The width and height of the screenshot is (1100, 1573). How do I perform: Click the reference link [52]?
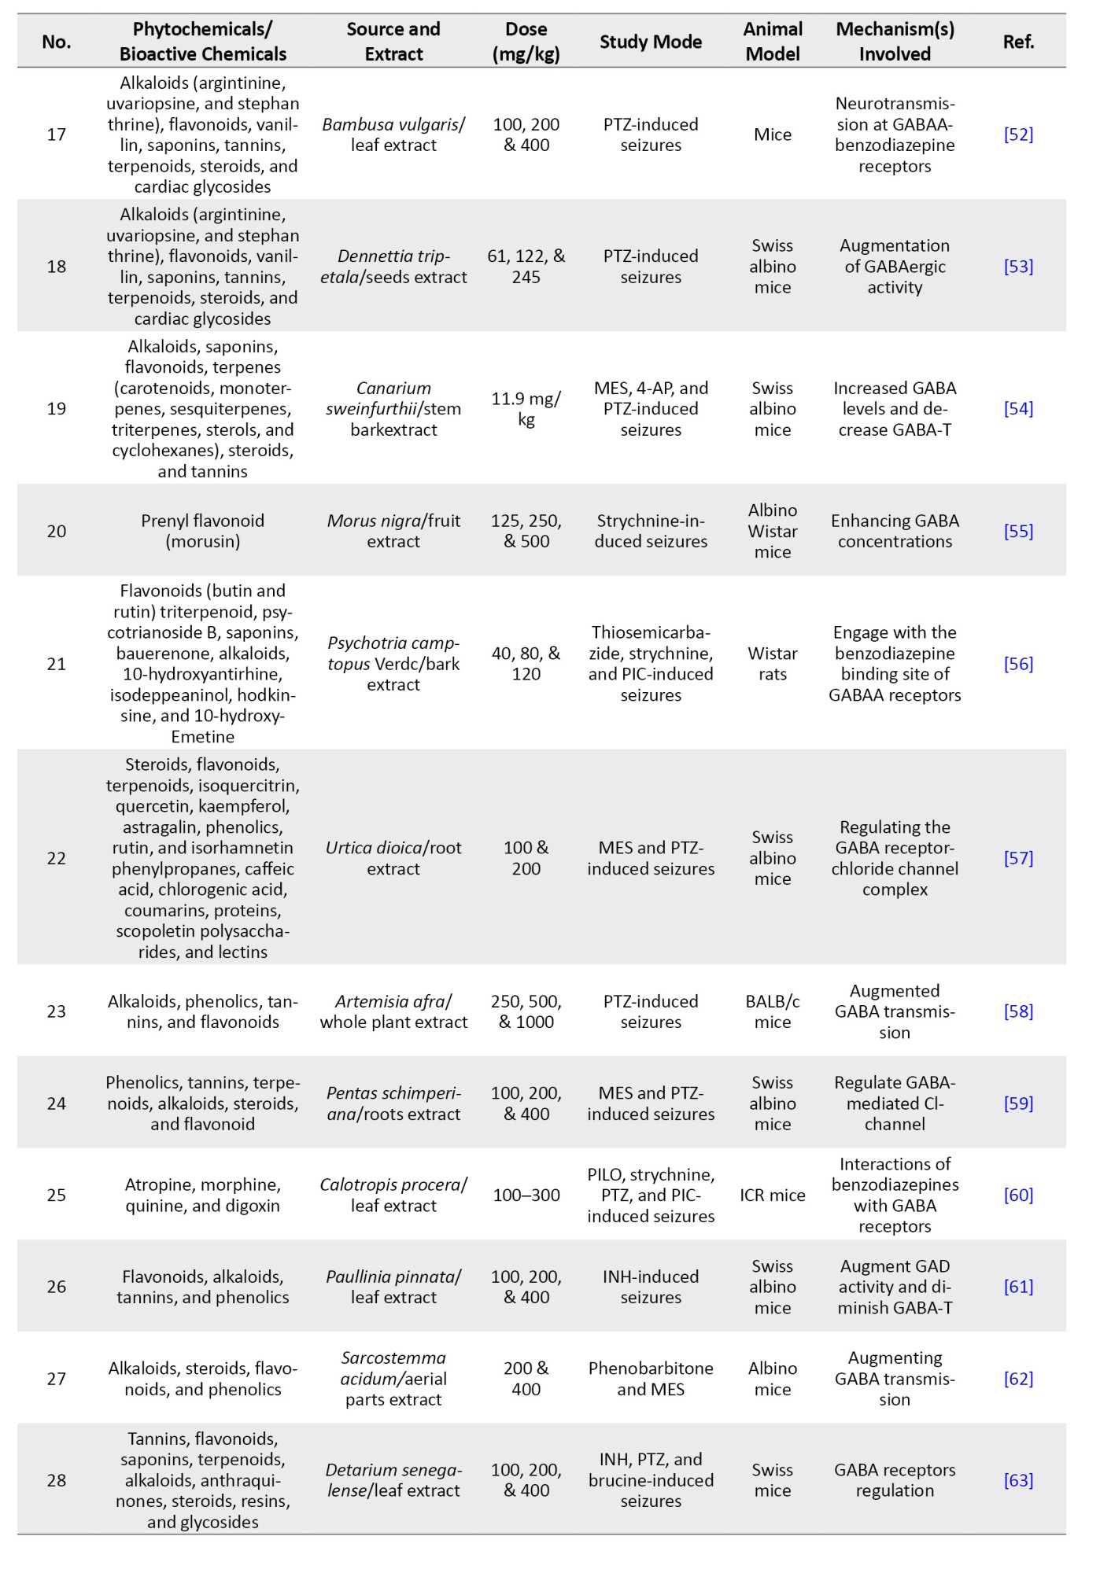pyautogui.click(x=1018, y=134)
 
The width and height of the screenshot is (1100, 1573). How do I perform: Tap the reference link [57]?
pyautogui.click(x=1018, y=858)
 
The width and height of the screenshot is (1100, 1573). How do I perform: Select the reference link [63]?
pyautogui.click(x=1018, y=1480)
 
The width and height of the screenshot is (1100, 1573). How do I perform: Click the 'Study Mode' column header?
pyautogui.click(x=651, y=42)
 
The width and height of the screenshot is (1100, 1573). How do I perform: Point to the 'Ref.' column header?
pyautogui.click(x=1018, y=42)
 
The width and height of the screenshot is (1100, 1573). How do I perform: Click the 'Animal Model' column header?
pyautogui.click(x=773, y=42)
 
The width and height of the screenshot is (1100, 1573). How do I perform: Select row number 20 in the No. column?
pyautogui.click(x=57, y=531)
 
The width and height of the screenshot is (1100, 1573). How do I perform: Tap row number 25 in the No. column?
pyautogui.click(x=57, y=1195)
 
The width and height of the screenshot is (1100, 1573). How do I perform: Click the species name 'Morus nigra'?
pyautogui.click(x=374, y=521)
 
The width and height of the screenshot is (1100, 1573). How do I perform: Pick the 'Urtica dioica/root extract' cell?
pyautogui.click(x=393, y=858)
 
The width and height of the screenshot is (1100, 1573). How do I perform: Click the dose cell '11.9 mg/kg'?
pyautogui.click(x=526, y=408)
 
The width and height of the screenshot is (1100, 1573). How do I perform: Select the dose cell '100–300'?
pyautogui.click(x=526, y=1195)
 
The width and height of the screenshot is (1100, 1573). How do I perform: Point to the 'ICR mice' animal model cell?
pyautogui.click(x=773, y=1195)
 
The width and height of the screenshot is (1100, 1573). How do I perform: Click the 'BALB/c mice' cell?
pyautogui.click(x=773, y=1011)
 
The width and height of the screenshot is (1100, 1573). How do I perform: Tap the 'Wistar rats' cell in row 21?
pyautogui.click(x=773, y=664)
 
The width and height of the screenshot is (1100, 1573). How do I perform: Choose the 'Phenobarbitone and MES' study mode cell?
pyautogui.click(x=651, y=1379)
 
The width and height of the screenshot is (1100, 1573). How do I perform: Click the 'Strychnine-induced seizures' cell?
pyautogui.click(x=651, y=531)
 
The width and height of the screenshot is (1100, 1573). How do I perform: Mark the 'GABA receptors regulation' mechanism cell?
pyautogui.click(x=895, y=1480)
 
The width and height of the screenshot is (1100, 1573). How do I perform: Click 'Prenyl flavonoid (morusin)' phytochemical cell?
pyautogui.click(x=203, y=531)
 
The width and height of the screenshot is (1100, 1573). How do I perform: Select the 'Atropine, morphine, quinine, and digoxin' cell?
pyautogui.click(x=203, y=1195)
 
